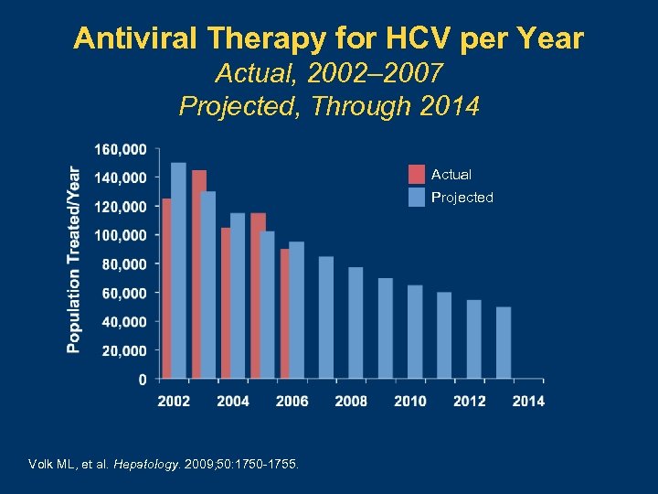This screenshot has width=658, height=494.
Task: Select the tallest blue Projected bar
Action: click(x=178, y=271)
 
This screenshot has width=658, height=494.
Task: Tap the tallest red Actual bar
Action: click(x=197, y=274)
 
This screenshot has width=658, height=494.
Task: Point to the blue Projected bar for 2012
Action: click(x=473, y=339)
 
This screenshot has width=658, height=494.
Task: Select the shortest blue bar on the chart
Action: click(x=504, y=343)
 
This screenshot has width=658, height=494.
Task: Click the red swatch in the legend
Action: click(x=417, y=174)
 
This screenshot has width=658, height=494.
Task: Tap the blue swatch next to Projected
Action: click(x=417, y=198)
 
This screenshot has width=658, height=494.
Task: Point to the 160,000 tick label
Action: click(x=121, y=148)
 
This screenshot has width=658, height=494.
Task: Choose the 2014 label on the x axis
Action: click(x=528, y=401)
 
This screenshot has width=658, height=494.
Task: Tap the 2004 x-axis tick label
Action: click(x=233, y=401)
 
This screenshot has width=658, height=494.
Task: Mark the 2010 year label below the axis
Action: click(x=410, y=401)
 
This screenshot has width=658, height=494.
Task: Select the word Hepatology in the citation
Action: click(x=145, y=464)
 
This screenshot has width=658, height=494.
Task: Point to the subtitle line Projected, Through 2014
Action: click(x=329, y=106)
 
